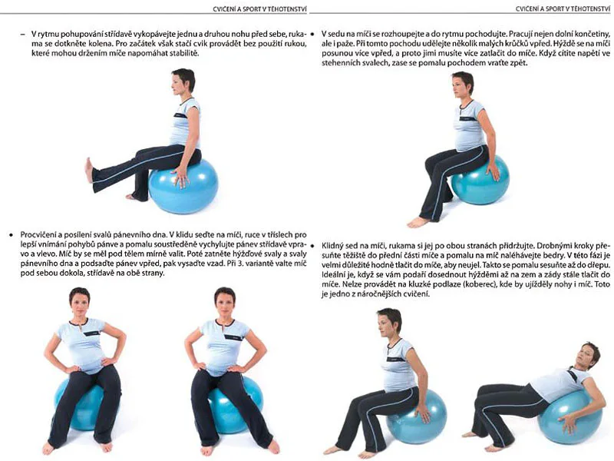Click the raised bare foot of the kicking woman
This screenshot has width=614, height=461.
coord(89,170)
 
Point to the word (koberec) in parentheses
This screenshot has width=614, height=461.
coord(479,284)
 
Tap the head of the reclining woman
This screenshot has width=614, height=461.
coord(588,354)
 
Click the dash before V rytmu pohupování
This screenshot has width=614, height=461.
coord(23,34)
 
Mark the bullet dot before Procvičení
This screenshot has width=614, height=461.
coord(11,235)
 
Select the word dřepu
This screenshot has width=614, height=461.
coord(600,265)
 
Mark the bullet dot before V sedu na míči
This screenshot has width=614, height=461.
coord(313,34)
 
